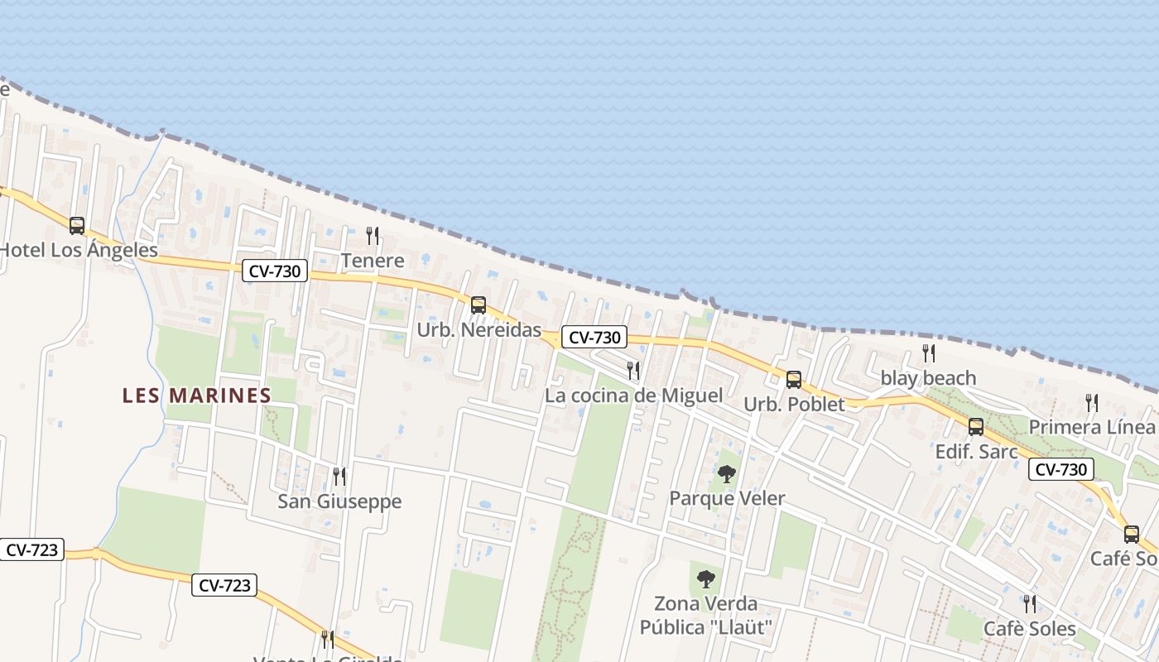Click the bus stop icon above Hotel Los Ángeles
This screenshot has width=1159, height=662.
(x=77, y=225)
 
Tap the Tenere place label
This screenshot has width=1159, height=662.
(x=373, y=261)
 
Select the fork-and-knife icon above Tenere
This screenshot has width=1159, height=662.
(x=373, y=236)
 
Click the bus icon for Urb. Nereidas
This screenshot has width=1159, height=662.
(x=479, y=305)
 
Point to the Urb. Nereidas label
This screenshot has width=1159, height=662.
(x=479, y=329)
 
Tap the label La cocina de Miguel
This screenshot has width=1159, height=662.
(x=633, y=396)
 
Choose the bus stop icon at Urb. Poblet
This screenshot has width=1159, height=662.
(x=793, y=380)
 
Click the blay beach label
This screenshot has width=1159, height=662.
(x=928, y=378)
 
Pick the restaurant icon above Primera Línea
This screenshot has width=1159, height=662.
(x=1092, y=403)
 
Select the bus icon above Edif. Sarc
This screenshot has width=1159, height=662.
(x=976, y=427)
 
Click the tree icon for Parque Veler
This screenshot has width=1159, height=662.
(x=727, y=474)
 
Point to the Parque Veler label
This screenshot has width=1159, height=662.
(x=727, y=499)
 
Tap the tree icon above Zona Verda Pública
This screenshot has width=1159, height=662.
(x=705, y=578)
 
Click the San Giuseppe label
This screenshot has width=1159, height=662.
(x=339, y=501)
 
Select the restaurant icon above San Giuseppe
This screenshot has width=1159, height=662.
(x=339, y=476)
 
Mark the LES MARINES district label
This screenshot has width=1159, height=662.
(x=197, y=396)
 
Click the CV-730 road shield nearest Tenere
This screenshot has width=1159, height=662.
(x=275, y=271)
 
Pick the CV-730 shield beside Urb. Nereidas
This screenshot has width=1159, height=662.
(x=594, y=337)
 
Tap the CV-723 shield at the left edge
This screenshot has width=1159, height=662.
(x=31, y=549)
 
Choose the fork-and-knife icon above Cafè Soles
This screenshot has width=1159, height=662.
(x=1029, y=603)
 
